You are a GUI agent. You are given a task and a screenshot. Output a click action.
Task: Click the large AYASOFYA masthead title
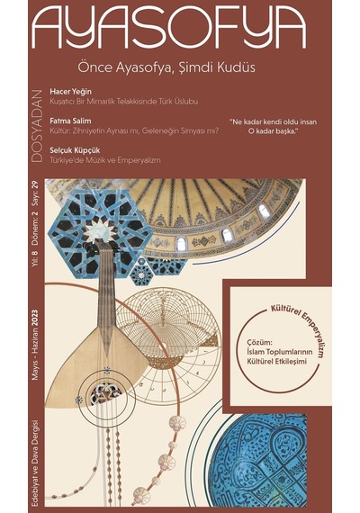169,27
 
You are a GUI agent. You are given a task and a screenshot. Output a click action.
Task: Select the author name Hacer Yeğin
70,92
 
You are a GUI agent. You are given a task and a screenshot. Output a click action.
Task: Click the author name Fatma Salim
70,121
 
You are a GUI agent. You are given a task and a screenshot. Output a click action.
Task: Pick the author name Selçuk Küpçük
75,150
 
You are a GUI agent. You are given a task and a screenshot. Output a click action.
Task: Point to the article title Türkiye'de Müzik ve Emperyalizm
105,160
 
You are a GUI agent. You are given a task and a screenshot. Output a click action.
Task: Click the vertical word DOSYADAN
38,126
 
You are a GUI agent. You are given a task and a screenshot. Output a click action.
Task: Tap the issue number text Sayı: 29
35,193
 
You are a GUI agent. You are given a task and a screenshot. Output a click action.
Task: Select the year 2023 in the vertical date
35,319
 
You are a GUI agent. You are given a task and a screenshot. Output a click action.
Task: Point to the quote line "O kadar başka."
273,132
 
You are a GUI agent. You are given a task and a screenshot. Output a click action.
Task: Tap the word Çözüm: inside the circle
259,343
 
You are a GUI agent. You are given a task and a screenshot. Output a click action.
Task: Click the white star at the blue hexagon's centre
102,230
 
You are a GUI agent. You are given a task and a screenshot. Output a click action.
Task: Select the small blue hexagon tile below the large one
141,271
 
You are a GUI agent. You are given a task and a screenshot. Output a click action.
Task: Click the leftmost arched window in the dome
181,245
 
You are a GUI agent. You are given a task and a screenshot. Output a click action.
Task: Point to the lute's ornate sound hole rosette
104,393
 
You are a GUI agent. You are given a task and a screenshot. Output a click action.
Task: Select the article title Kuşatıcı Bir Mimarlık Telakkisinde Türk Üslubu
123,102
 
